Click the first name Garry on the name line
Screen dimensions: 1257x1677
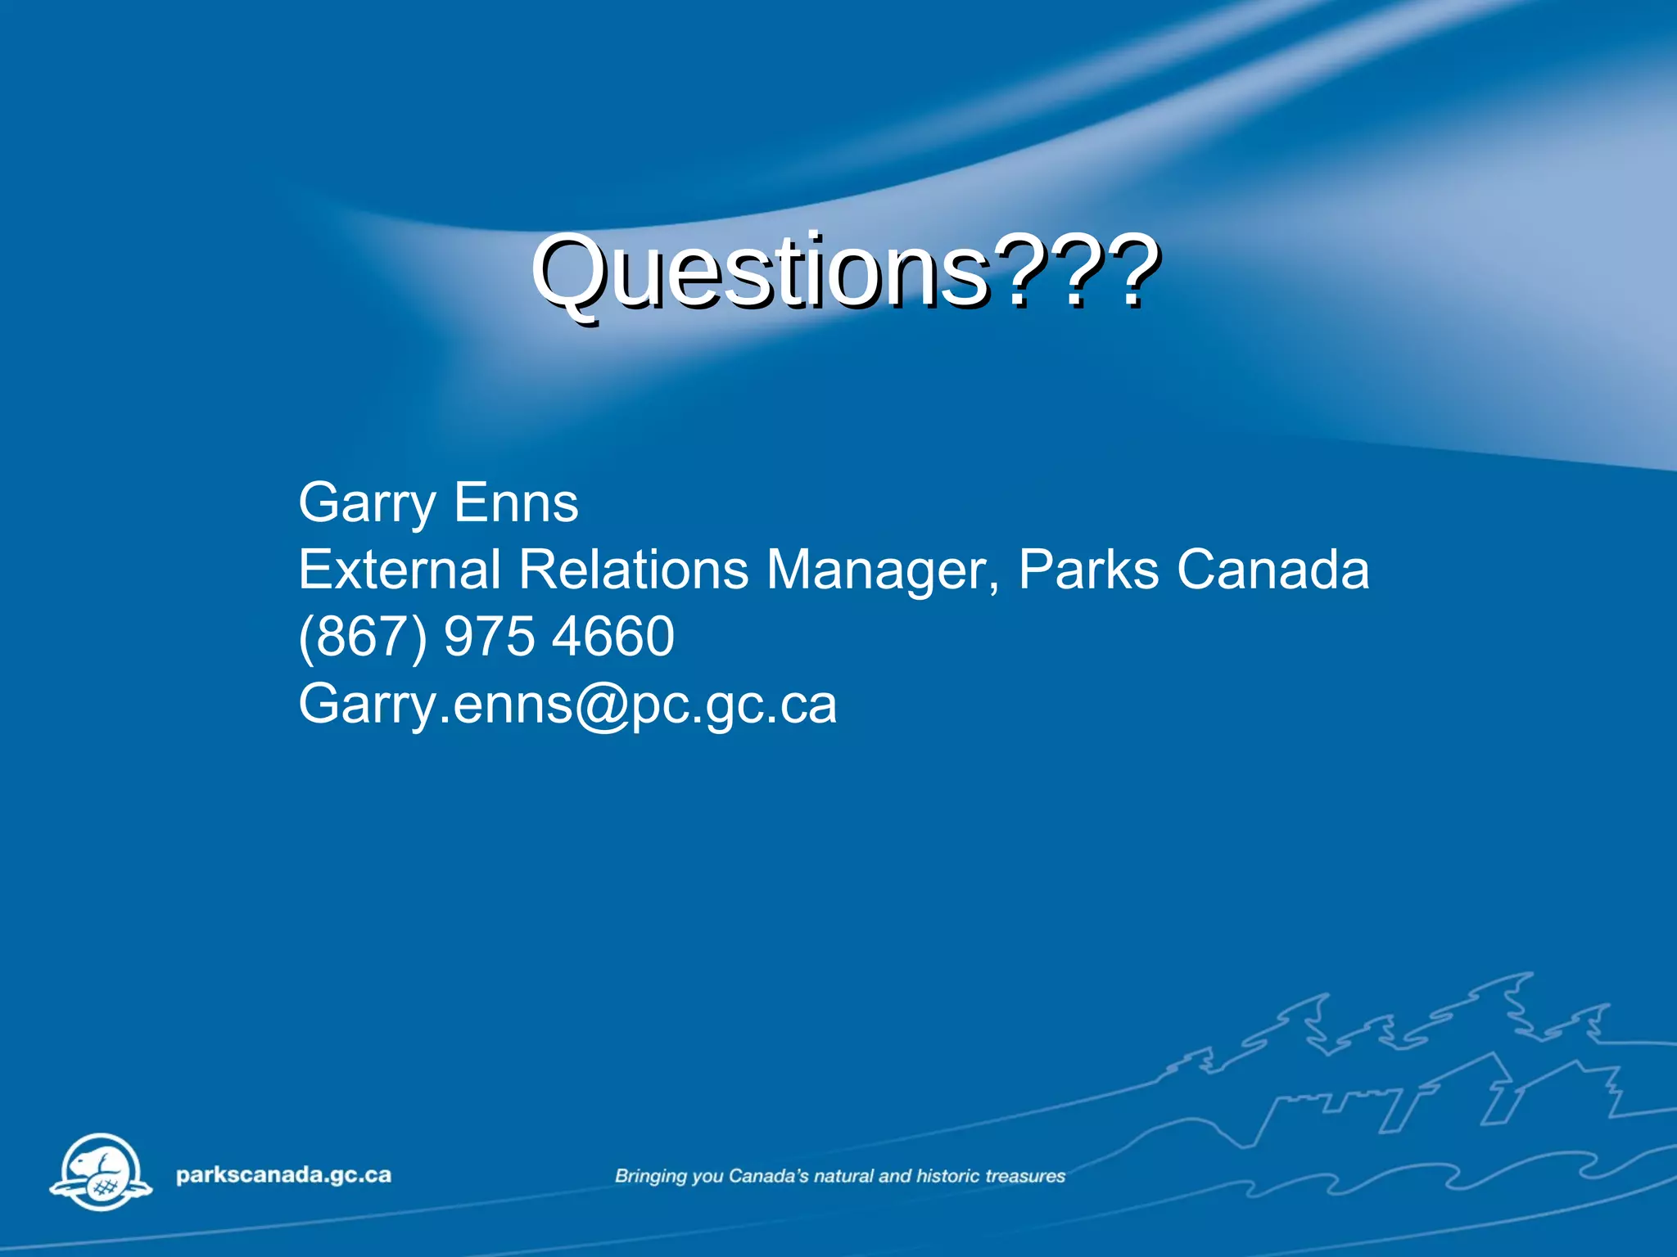pyautogui.click(x=367, y=503)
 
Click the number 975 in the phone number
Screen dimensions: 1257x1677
pyautogui.click(x=489, y=637)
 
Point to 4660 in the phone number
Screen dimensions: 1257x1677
pyautogui.click(x=613, y=637)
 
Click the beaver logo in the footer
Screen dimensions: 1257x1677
pyautogui.click(x=101, y=1172)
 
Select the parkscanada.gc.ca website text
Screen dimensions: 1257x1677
pyautogui.click(x=283, y=1175)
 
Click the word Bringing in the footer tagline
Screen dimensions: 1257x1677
pyautogui.click(x=651, y=1177)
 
